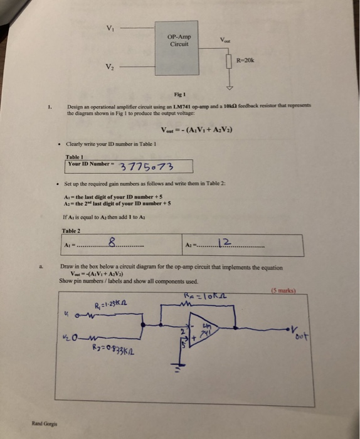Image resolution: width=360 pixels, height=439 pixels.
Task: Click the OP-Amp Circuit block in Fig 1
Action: (x=179, y=41)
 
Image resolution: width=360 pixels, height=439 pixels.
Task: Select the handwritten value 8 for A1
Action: (x=111, y=242)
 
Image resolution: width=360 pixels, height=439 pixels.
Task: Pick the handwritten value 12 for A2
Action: (x=225, y=242)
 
